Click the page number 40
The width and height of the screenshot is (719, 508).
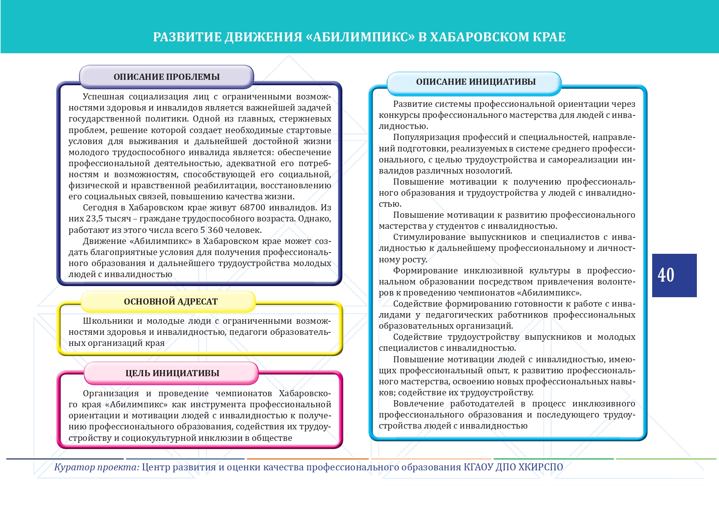[x=666, y=275]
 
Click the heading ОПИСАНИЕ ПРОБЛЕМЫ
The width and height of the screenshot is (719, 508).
[x=166, y=77]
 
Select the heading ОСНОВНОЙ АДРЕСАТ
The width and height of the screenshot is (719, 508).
[x=171, y=302]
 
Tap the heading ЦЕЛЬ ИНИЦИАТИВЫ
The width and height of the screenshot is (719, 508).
[x=172, y=373]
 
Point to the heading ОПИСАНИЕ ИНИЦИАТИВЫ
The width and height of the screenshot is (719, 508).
[x=476, y=82]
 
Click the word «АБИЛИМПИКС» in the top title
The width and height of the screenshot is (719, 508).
[x=360, y=37]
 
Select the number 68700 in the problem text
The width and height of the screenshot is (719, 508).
[x=253, y=208]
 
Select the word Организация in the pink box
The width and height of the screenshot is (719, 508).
[x=110, y=394]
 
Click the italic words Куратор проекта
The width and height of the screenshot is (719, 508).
[x=97, y=467]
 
